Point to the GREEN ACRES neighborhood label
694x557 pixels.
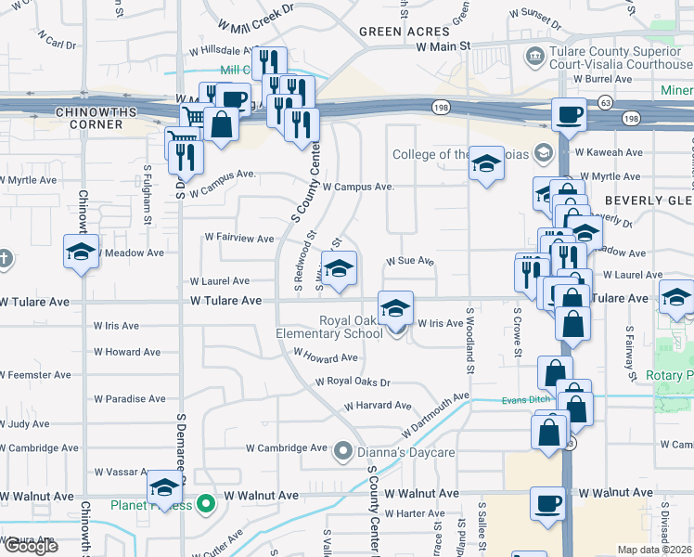[x=392, y=31]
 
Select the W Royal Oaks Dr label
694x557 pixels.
[x=353, y=382]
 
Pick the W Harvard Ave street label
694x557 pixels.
[x=377, y=406]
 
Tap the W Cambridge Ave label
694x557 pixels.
[x=287, y=447]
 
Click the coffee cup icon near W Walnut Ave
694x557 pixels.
[x=547, y=503]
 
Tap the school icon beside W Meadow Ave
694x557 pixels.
[x=81, y=251]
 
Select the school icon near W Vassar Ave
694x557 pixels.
[x=165, y=486]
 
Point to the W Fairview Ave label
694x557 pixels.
[x=238, y=238]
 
